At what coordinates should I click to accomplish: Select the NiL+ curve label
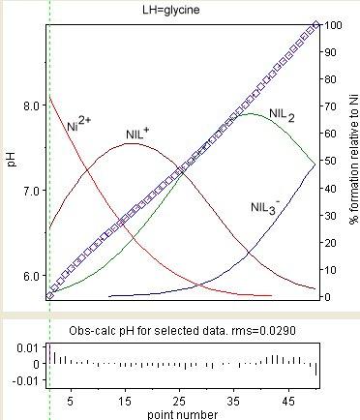coord(139,134)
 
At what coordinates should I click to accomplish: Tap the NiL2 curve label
coord(283,116)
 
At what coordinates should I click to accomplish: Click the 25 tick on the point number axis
coord(179,400)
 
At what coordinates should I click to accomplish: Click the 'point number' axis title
coord(182,413)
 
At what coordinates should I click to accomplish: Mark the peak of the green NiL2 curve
coord(251,114)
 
